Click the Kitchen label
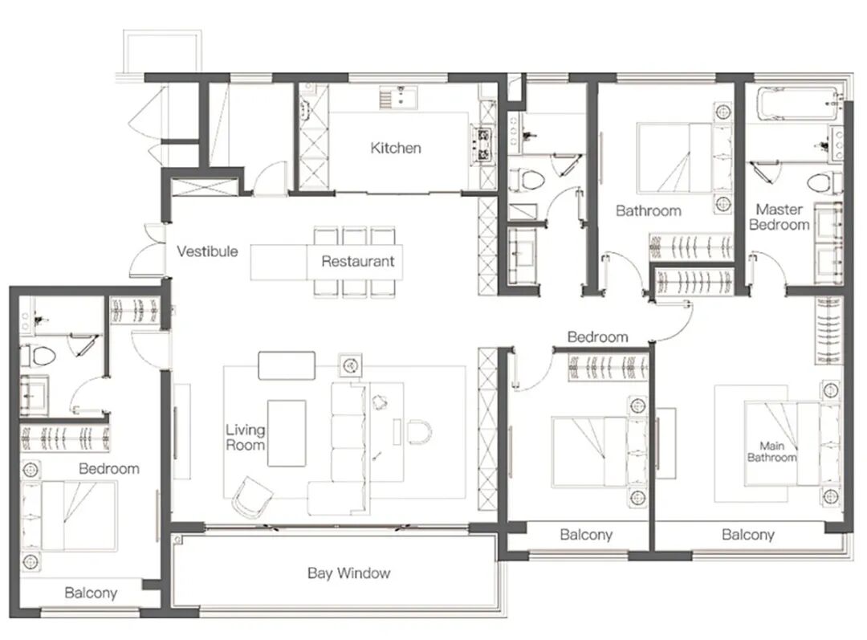tap(395, 148)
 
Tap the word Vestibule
tap(207, 251)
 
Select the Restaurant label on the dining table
tap(358, 261)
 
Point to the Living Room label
tap(245, 437)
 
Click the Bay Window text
tap(349, 573)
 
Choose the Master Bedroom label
tap(779, 217)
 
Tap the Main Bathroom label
tap(772, 451)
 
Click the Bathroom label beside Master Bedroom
tap(648, 210)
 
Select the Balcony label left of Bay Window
tap(91, 593)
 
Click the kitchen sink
tap(399, 97)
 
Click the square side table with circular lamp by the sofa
tap(350, 365)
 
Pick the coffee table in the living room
tap(287, 433)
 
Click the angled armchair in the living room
tap(252, 498)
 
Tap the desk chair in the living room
tap(420, 431)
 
